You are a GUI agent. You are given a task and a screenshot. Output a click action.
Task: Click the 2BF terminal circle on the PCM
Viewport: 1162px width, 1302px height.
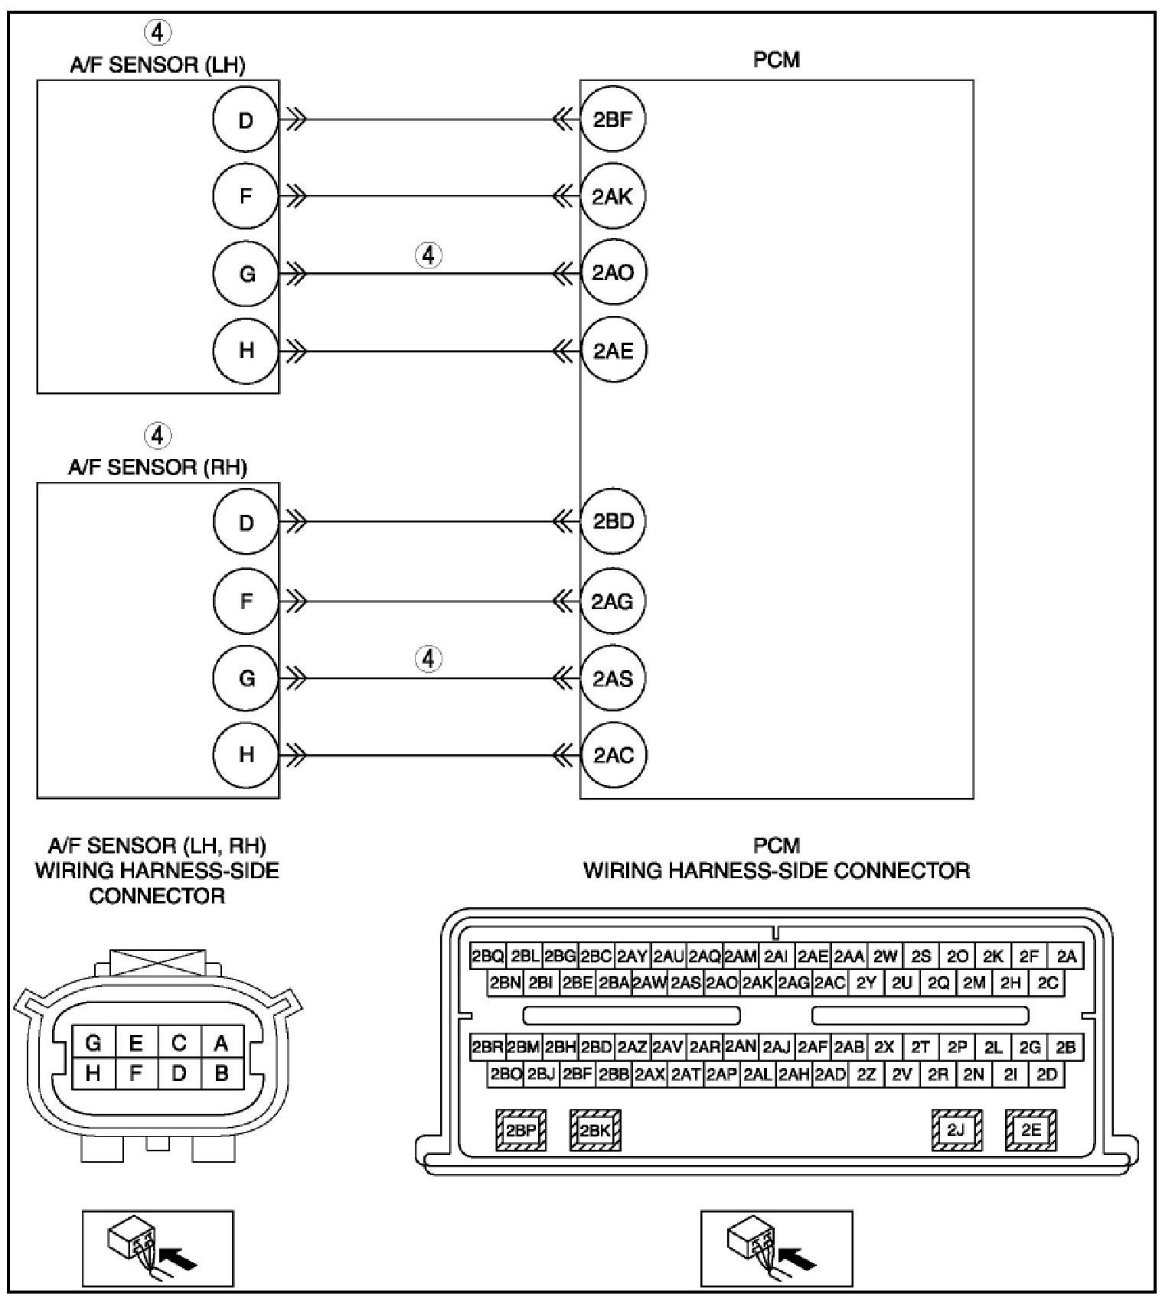[613, 119]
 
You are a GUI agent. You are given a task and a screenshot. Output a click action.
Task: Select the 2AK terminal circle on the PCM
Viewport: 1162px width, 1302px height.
[613, 197]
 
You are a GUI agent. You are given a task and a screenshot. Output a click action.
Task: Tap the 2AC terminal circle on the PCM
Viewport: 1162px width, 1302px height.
[613, 755]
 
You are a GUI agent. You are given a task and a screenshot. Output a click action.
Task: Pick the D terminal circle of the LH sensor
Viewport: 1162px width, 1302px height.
[246, 120]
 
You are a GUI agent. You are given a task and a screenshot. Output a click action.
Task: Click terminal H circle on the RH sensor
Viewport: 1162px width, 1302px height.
[246, 755]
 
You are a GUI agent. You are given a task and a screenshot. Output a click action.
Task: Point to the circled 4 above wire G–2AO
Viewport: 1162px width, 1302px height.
[429, 255]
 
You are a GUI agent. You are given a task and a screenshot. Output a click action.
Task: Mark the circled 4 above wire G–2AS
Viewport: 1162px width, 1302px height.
[429, 658]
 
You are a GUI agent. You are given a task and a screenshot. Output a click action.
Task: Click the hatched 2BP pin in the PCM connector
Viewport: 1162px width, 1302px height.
[521, 1131]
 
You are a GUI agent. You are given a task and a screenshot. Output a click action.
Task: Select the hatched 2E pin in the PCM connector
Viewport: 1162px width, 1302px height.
[1031, 1131]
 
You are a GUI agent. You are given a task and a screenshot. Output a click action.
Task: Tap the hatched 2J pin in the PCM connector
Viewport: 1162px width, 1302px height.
[957, 1131]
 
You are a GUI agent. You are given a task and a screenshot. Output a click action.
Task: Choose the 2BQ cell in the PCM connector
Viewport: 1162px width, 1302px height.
[488, 956]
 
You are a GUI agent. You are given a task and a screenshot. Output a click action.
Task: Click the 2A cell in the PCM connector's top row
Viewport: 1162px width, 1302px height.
[1066, 956]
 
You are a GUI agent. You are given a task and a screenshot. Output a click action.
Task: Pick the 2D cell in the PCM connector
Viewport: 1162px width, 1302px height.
[1047, 1075]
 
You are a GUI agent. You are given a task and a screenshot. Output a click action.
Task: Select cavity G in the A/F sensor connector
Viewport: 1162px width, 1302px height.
[93, 1043]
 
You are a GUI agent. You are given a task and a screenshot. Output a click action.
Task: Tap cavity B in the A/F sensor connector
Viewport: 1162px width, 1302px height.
[222, 1073]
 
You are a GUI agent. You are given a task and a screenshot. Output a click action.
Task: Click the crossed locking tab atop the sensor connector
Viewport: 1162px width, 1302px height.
[158, 962]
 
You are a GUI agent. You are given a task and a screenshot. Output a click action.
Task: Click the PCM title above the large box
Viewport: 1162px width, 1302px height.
[776, 60]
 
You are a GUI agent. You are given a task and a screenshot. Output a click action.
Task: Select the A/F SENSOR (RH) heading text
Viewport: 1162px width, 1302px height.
[158, 467]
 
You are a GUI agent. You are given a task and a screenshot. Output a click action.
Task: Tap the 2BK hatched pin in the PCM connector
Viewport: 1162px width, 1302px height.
[595, 1131]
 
